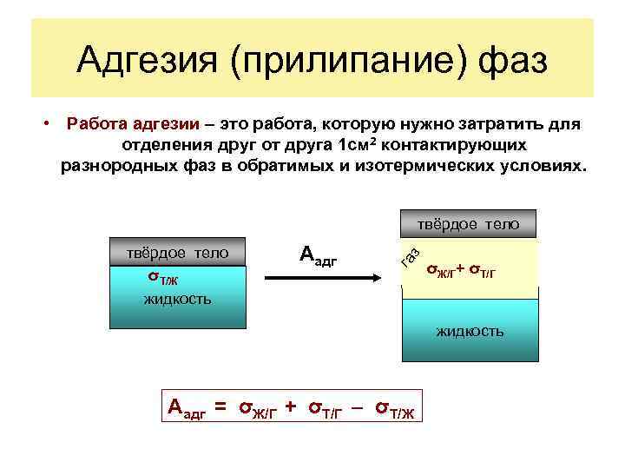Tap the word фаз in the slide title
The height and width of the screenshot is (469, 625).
(512, 61)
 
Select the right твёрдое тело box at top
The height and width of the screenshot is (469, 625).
(469, 224)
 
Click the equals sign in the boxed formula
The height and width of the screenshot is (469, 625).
(220, 406)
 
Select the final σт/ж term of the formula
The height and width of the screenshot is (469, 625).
(396, 407)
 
